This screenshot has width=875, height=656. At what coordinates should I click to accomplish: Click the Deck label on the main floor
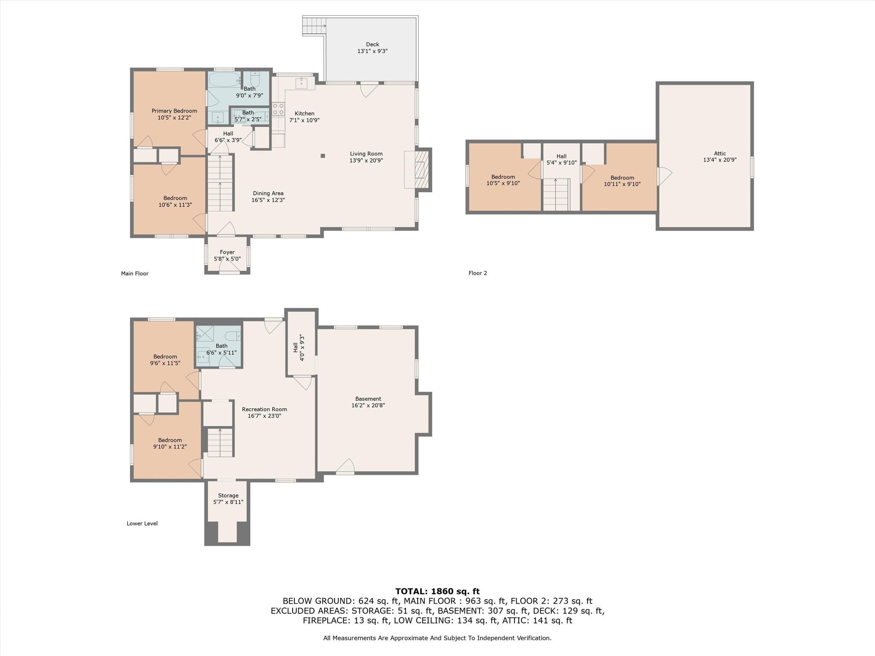pos(373,44)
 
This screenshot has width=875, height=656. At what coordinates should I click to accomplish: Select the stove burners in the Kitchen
pos(279,109)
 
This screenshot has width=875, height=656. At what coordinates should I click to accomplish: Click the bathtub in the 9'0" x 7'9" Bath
pos(225,80)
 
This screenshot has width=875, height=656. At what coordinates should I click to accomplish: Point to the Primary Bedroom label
pos(174,111)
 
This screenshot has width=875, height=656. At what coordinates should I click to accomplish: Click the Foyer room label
pos(227,252)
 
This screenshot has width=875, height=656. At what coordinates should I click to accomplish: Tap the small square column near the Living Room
pos(323,156)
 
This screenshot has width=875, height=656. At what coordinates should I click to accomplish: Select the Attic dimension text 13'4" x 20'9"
pos(720,160)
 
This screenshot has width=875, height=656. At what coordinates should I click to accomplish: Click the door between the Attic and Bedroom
pos(664,176)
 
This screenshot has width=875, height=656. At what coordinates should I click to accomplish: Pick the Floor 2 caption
pos(478,273)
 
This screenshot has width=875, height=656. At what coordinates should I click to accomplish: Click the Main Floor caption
pos(135,273)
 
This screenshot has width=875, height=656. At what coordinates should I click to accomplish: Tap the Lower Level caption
pos(142,523)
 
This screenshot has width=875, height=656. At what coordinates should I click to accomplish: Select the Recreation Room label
pos(264,409)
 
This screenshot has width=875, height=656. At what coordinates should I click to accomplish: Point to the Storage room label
pos(228,495)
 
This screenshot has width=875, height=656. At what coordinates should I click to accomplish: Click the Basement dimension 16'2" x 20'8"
pos(368,405)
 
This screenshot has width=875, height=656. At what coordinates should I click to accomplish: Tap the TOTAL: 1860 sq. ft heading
pos(437,591)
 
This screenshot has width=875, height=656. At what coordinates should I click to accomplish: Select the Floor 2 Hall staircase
pos(556,195)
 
